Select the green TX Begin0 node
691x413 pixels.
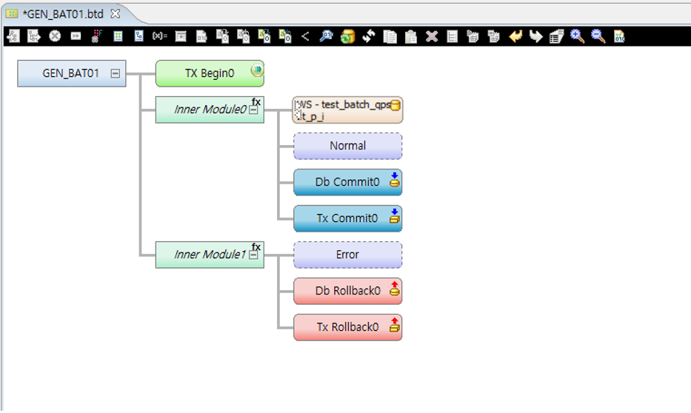coord(209,73)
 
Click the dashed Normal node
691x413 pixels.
coord(347,146)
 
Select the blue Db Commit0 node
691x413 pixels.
coord(347,182)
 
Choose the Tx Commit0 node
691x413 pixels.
coord(347,218)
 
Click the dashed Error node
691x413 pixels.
coord(347,255)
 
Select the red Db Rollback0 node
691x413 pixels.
coord(347,291)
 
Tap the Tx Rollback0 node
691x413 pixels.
coord(347,327)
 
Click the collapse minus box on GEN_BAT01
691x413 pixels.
coord(115,73)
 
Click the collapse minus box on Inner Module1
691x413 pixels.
coord(253,255)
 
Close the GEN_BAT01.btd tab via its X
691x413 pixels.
coord(115,14)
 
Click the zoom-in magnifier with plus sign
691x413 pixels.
coord(577,36)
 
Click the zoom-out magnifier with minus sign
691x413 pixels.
coord(598,36)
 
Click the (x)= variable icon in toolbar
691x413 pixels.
coord(159,36)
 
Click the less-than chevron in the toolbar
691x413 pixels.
coord(305,36)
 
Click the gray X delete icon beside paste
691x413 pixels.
coord(432,36)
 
